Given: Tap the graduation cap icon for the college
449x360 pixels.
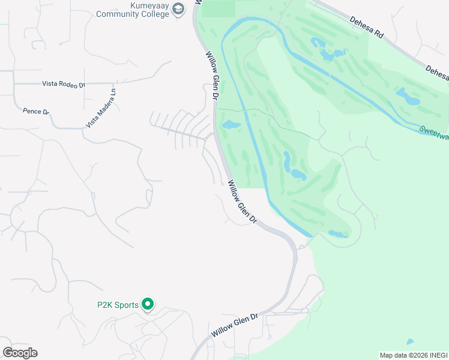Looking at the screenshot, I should (x=178, y=10).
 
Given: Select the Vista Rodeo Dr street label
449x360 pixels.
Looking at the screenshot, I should (x=64, y=85).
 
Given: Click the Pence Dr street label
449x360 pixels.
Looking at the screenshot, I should (x=36, y=111).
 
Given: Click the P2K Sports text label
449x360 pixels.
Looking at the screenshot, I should (x=118, y=305).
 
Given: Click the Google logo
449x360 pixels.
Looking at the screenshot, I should (x=20, y=353).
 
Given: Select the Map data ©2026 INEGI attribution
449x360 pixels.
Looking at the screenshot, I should (x=413, y=355).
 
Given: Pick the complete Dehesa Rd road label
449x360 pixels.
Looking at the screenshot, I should (x=367, y=27).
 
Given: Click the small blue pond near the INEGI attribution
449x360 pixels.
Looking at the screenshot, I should (x=410, y=342).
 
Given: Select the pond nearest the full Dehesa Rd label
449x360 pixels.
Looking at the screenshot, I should (x=330, y=54).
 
